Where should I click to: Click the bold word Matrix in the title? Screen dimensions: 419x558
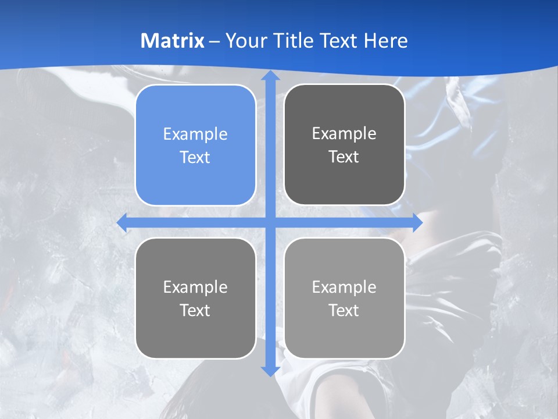coord(173,41)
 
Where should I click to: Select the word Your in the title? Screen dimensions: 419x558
coord(244,41)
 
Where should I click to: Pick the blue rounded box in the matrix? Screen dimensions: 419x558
coord(195,145)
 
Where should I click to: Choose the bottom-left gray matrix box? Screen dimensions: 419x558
coord(195,298)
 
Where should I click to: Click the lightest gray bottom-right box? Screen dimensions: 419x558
coord(344,298)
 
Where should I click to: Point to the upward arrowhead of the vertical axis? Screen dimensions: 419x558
coord(270,76)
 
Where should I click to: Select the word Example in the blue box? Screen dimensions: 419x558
coord(195,134)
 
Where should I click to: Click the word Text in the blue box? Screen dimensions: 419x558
coord(195,157)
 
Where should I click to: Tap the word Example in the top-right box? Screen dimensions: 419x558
coord(344,133)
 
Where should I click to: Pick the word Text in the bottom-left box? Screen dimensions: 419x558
coord(195,310)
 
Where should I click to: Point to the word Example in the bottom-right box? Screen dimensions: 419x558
coord(344,287)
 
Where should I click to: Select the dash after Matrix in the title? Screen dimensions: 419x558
coord(214,41)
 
